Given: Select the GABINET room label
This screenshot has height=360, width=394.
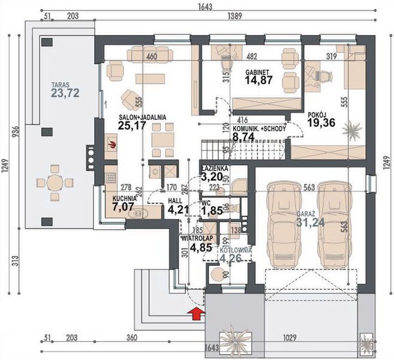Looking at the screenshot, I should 257,71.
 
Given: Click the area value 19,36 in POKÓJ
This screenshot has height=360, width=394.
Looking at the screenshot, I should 321,125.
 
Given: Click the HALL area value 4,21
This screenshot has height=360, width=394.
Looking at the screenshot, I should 179,209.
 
